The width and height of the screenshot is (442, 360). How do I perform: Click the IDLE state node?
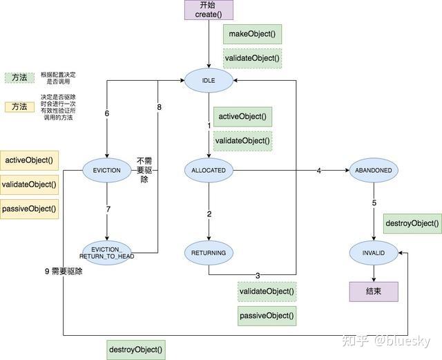coord(209,81)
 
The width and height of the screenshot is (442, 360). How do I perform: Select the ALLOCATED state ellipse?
coord(209,170)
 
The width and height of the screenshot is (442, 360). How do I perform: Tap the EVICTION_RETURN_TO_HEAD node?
coord(106,252)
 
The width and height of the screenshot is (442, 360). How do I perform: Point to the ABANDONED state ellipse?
coord(374,170)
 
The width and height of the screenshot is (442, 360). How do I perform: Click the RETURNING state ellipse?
coord(209,253)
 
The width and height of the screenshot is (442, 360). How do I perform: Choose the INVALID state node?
coord(374,254)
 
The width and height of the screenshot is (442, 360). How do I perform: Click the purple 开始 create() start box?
coord(209,10)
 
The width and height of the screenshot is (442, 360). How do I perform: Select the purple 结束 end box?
coord(373,292)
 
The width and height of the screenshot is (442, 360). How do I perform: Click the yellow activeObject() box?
coord(28,160)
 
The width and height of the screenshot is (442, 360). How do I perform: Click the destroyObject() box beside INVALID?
coord(412,223)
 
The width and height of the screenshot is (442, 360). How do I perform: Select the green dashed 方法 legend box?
coord(19,78)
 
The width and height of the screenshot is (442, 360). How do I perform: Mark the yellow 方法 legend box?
coord(19,106)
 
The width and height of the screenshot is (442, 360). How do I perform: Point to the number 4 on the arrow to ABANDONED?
coord(319,171)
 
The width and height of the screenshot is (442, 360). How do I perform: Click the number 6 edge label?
coord(107,113)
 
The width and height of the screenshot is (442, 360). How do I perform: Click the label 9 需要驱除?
coord(63,272)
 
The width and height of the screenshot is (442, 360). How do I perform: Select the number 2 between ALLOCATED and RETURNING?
coord(209,214)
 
